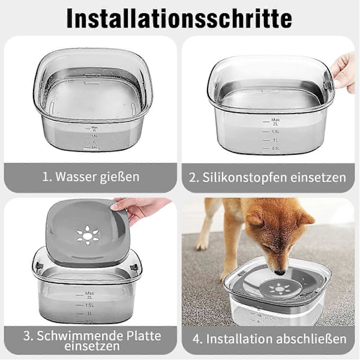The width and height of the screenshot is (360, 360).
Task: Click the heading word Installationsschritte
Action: pyautogui.click(x=179, y=19)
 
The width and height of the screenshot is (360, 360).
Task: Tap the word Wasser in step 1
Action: pyautogui.click(x=76, y=177)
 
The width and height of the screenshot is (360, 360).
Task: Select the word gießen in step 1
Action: pyautogui.click(x=119, y=177)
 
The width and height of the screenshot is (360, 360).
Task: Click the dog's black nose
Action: pyautogui.click(x=280, y=273)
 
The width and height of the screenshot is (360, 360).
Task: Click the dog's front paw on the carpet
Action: pyautogui.click(x=202, y=244)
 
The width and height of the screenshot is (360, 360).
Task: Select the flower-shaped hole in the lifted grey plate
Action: pyautogui.click(x=88, y=235)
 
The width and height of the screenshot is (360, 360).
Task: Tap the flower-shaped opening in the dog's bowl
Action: pyautogui.click(x=280, y=289)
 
